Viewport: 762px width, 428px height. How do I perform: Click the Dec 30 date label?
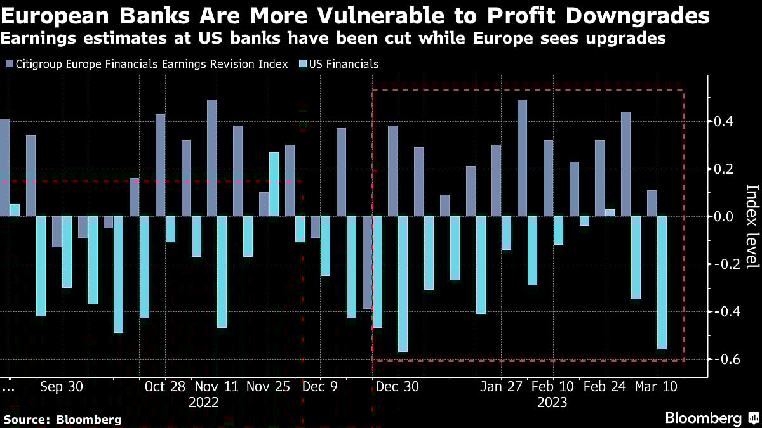point(398,386)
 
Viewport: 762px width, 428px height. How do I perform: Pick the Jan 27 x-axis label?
point(501,386)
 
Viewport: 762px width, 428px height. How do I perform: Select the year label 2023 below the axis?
point(552,403)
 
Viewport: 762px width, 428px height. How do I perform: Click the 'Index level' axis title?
point(751,226)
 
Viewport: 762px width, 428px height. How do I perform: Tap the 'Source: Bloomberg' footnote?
point(62,419)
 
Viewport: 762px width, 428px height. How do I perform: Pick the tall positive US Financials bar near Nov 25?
point(274,185)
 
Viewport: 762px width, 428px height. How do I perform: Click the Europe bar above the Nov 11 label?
point(211,158)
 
